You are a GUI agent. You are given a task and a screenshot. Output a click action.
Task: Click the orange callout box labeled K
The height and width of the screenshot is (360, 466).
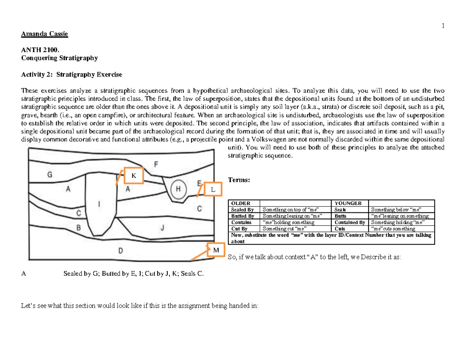(x=134, y=176)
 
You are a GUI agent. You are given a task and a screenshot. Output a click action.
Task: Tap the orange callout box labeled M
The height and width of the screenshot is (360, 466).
(x=216, y=250)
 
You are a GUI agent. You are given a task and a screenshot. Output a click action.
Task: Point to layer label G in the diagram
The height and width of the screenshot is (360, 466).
(x=50, y=175)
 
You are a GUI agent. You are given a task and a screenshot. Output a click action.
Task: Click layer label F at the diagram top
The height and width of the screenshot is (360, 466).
(x=156, y=164)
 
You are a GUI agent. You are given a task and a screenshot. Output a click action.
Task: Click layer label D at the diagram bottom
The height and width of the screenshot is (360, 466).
(x=120, y=250)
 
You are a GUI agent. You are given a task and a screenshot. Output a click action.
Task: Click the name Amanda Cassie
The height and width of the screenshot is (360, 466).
(x=44, y=34)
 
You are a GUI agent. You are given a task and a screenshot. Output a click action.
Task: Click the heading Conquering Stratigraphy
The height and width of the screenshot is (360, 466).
(x=59, y=58)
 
